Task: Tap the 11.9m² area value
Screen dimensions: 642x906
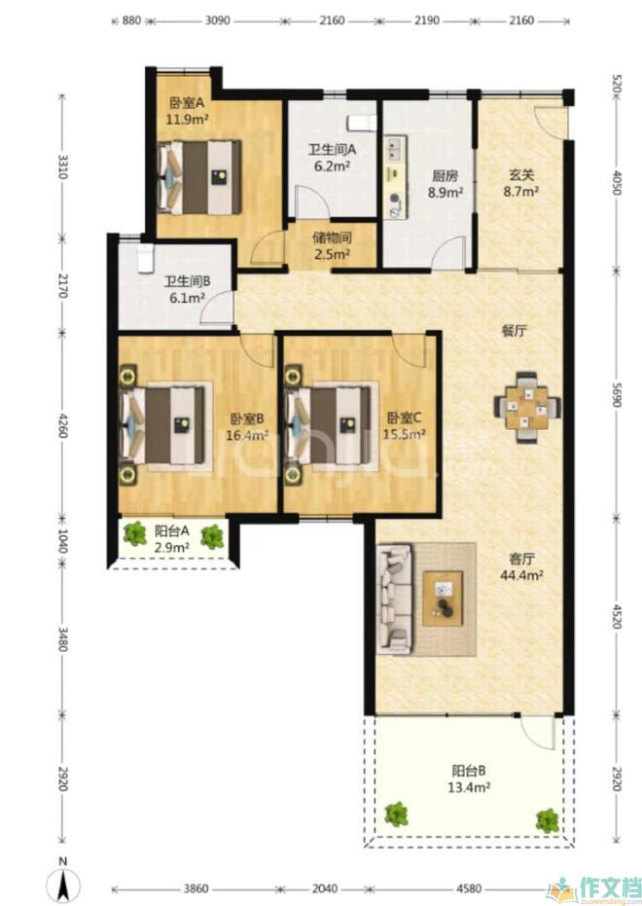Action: pos(188,120)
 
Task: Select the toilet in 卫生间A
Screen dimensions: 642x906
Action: pos(362,123)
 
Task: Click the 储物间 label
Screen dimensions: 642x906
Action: pos(332,237)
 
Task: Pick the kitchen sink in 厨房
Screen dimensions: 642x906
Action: pos(396,149)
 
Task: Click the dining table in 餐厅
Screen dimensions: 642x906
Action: pos(527,408)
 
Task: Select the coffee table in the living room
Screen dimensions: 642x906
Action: pos(443,598)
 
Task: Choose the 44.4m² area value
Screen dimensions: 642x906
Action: pos(521,575)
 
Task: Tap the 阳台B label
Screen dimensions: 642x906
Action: pos(469,771)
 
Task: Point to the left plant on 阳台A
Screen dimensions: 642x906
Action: pos(135,533)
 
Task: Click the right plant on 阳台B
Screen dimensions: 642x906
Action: pos(547,819)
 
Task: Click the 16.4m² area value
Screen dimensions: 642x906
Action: pos(247,434)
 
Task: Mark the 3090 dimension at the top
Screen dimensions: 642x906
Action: pos(218,20)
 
